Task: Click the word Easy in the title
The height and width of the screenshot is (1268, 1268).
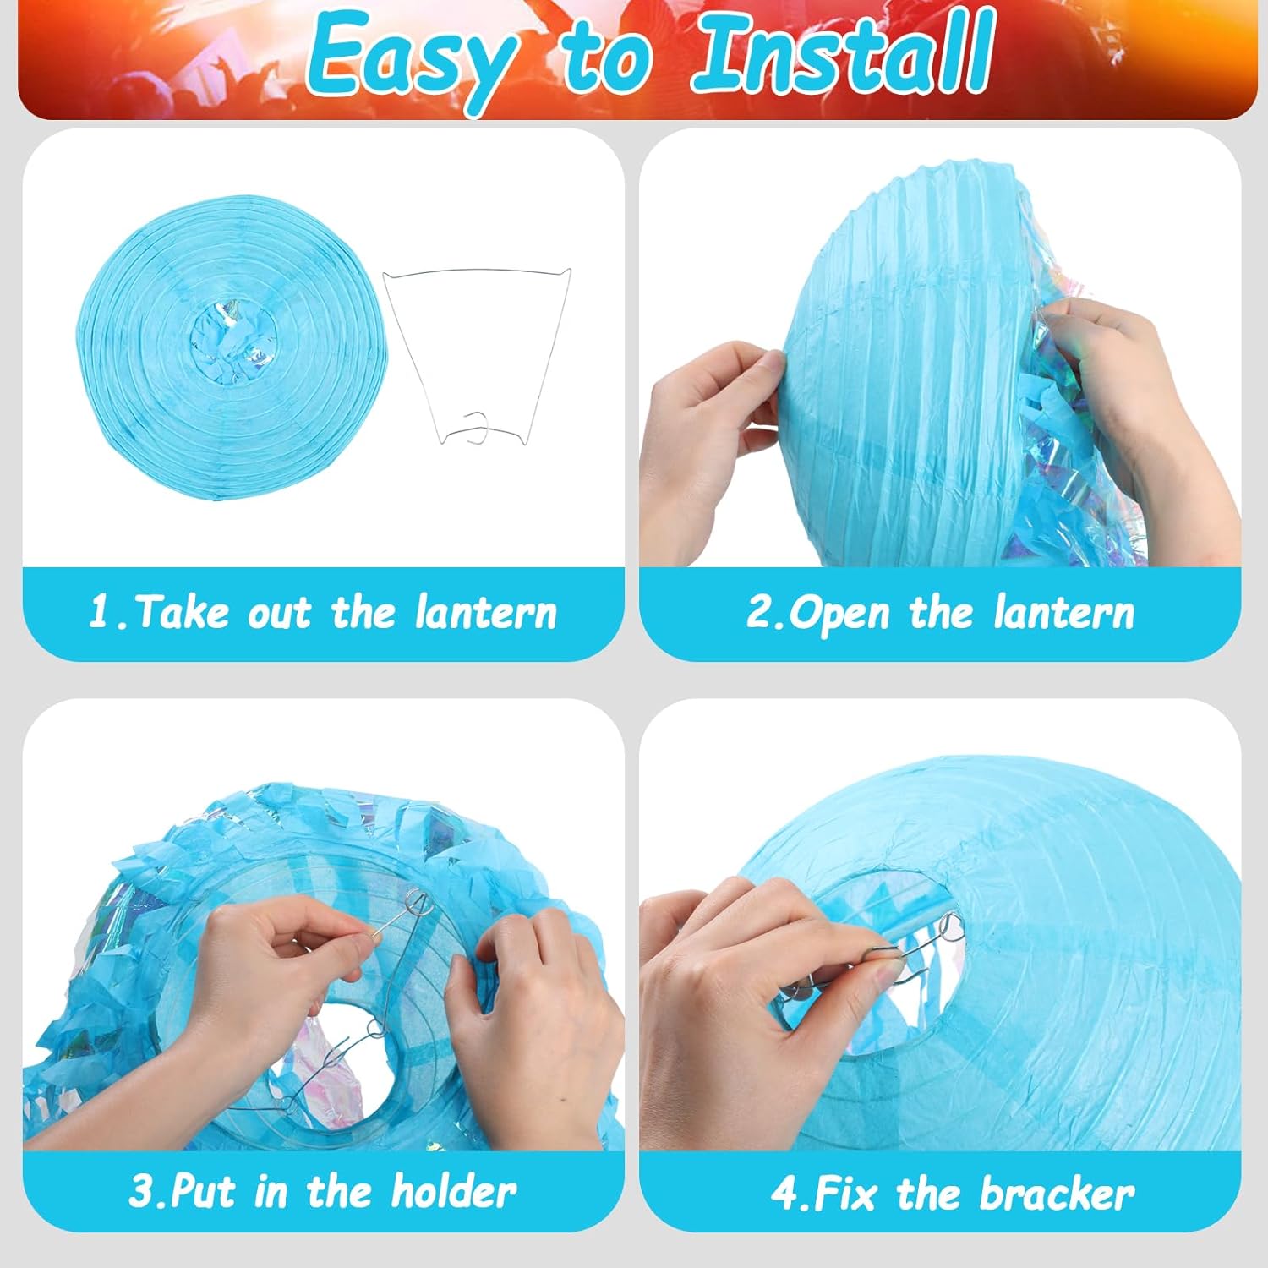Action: pos(412,56)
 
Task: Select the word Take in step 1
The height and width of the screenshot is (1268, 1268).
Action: pos(182,612)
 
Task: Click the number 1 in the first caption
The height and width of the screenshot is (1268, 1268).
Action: pos(100,612)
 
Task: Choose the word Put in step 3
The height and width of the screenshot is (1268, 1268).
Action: pos(205,1193)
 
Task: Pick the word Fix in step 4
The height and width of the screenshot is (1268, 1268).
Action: pos(846,1194)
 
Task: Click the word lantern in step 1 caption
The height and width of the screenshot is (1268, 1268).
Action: pos(486,612)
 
